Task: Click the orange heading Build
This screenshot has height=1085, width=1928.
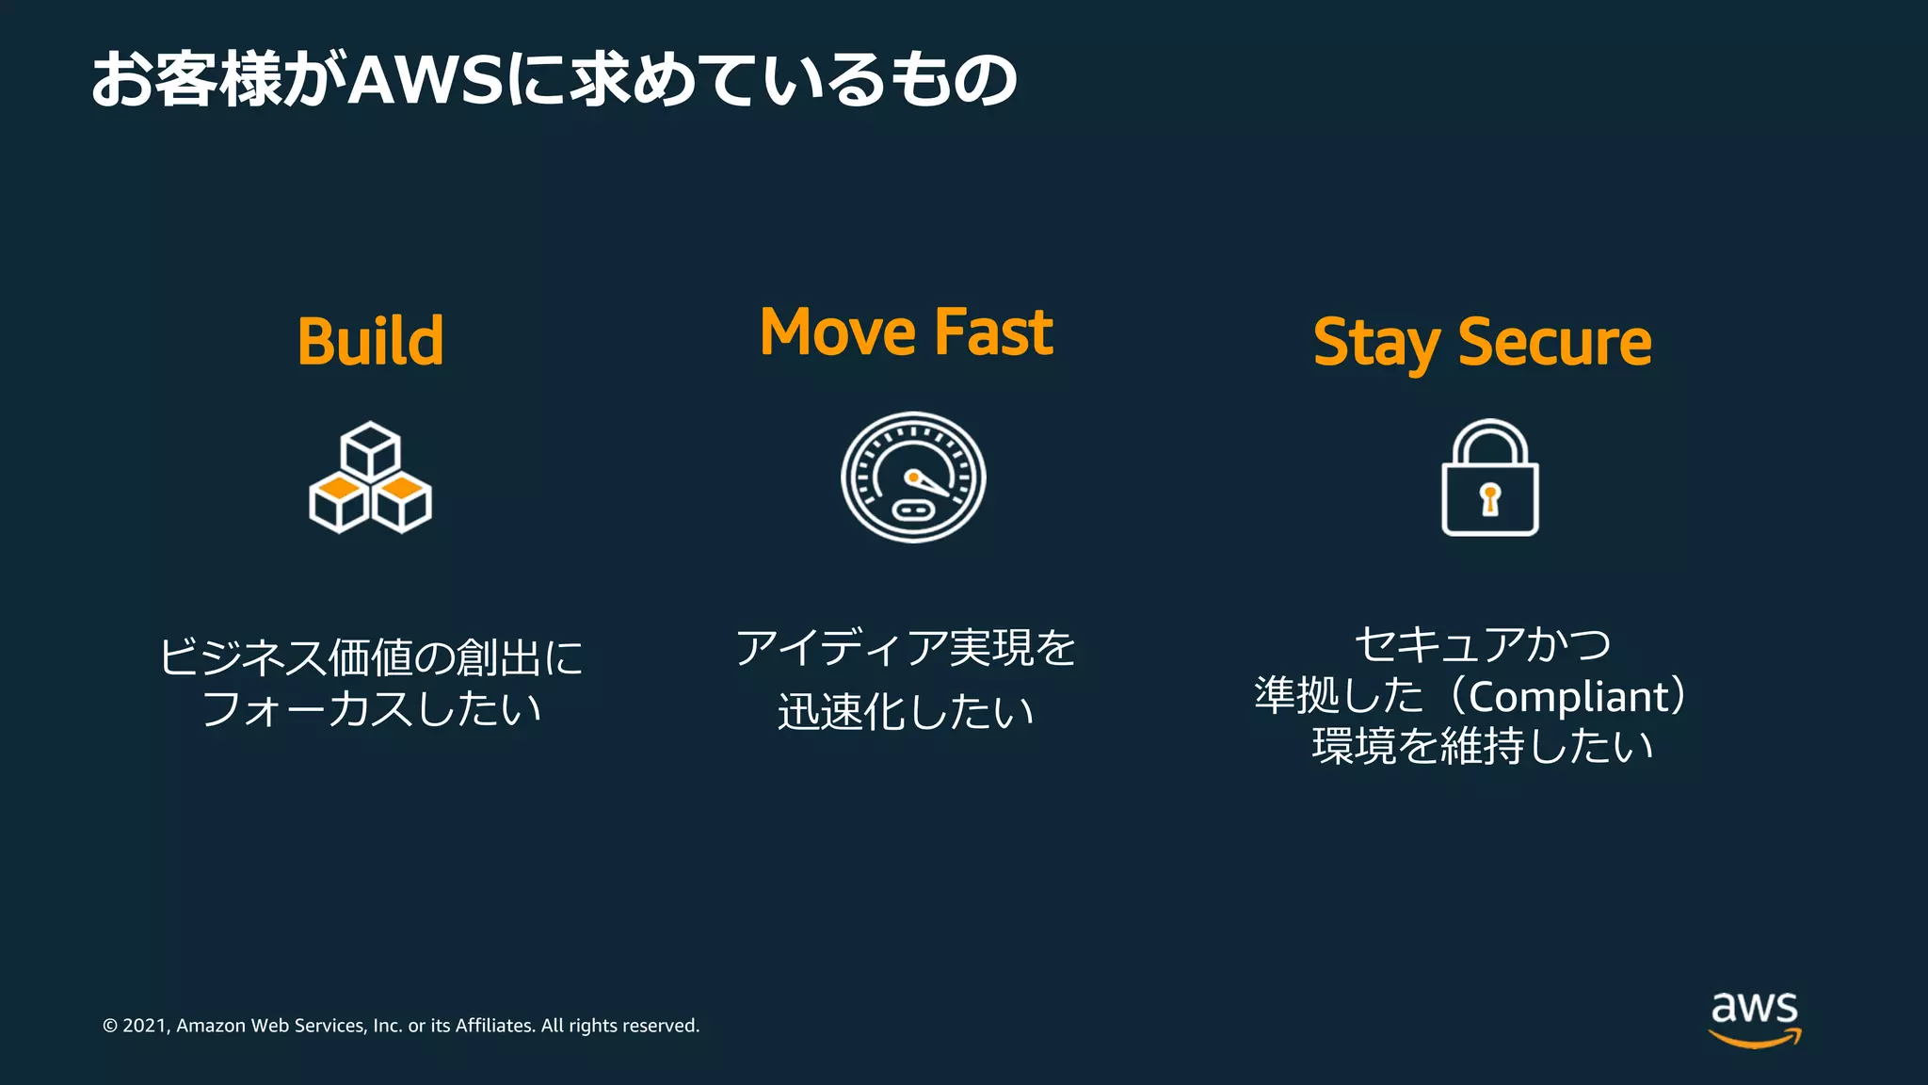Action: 370,341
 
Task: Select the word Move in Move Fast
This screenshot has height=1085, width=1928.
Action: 837,332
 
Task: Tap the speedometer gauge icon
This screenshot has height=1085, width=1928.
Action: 912,477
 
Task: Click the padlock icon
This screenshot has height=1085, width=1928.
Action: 1489,478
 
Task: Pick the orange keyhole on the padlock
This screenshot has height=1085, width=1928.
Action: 1489,498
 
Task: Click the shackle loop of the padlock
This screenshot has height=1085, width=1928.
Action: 1489,438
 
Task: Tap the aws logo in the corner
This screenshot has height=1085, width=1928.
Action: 1754,1017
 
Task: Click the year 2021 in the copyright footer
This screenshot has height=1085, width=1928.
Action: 145,1026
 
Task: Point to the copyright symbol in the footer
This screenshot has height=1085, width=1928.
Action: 110,1026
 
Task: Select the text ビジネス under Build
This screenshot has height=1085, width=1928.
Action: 242,656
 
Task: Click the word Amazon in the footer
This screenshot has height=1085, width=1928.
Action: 211,1026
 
